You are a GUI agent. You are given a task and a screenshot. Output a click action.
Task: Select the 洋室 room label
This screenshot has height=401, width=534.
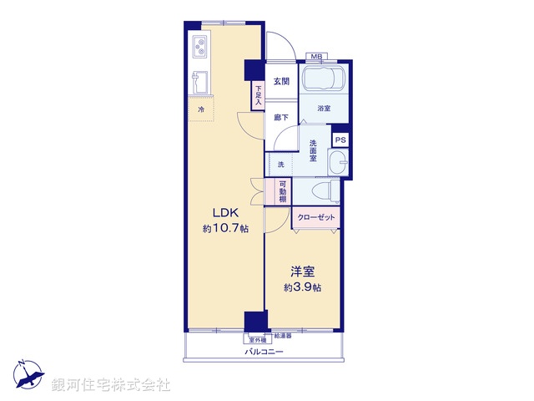[x=302, y=271]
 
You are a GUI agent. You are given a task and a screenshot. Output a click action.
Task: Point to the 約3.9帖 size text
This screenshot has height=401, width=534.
[x=302, y=287]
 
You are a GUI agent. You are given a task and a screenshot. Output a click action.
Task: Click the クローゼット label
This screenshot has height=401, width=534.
[x=316, y=218]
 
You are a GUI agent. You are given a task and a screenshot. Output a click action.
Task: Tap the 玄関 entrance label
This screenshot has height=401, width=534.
[x=281, y=81]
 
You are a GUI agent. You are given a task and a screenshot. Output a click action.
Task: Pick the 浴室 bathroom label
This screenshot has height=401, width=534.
[x=323, y=109]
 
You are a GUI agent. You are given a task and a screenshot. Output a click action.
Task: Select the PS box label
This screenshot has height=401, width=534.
[x=340, y=140]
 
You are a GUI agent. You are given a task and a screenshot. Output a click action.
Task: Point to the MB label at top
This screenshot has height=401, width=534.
[x=316, y=57]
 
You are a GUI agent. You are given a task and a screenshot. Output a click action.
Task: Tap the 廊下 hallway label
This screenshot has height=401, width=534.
[x=281, y=118]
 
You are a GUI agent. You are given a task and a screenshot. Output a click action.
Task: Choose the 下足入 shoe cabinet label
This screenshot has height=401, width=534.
[x=259, y=94]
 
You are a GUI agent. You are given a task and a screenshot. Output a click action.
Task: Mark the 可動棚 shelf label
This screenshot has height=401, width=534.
[x=283, y=193]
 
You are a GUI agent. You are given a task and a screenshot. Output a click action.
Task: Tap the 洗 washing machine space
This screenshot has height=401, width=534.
[x=280, y=165]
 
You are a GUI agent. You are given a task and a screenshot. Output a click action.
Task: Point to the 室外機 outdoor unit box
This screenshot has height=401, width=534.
[x=256, y=339]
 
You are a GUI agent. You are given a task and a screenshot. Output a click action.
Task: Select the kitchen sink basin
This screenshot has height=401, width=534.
[x=201, y=83]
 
